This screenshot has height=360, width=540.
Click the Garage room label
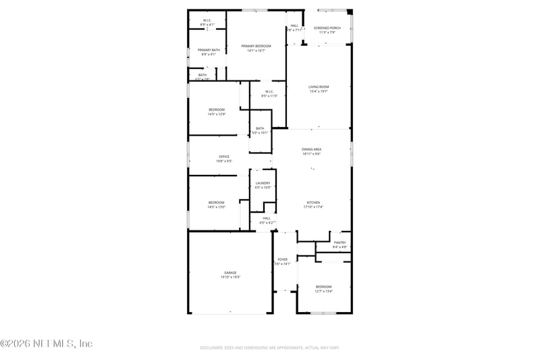tap(230, 273)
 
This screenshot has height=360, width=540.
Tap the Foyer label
tap(282, 259)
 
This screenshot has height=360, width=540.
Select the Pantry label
tap(340, 242)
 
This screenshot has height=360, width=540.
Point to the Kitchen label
tap(313, 203)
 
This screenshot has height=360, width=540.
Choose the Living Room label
tap(319, 86)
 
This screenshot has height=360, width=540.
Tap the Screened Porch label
tap(327, 28)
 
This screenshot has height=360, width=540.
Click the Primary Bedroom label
tap(256, 46)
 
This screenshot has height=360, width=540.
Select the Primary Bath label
tap(209, 50)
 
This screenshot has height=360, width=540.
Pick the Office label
tap(223, 157)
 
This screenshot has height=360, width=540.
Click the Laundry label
tap(263, 183)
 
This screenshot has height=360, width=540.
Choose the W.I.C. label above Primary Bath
tap(208, 20)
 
